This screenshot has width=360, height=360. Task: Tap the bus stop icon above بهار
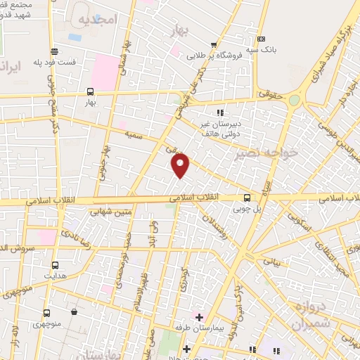[x=90, y=91]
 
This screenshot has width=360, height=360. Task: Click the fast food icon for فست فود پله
[x=54, y=51]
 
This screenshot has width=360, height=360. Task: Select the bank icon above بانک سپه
[x=262, y=39]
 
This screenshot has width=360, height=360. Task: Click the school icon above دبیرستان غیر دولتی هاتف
[x=220, y=112]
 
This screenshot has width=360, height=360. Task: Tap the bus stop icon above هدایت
[x=56, y=266]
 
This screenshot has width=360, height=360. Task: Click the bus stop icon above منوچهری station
[x=46, y=314]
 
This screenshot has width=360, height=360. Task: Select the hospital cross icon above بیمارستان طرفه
[x=200, y=318]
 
